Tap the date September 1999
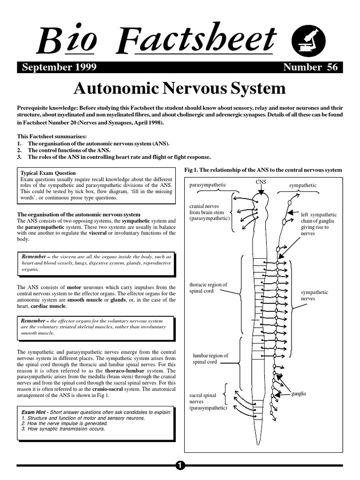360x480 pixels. pyautogui.click(x=60, y=67)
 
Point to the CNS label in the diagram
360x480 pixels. pyautogui.click(x=261, y=181)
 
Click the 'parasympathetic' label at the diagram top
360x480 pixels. pyautogui.click(x=208, y=185)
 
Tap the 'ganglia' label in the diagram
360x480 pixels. pyautogui.click(x=299, y=394)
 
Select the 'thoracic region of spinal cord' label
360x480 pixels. pyautogui.click(x=208, y=288)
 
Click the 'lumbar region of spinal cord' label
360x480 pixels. pyautogui.click(x=210, y=359)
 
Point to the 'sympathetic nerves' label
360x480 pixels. pyautogui.click(x=314, y=295)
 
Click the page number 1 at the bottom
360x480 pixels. pyautogui.click(x=180, y=465)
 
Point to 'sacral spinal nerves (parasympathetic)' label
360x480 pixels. pyautogui.click(x=208, y=402)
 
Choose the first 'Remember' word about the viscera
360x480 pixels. pyautogui.click(x=35, y=256)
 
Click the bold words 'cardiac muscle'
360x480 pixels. pyautogui.click(x=48, y=306)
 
